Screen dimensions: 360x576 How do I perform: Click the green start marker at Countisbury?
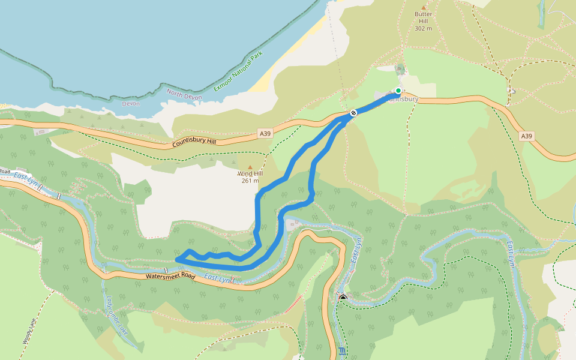click(398, 91)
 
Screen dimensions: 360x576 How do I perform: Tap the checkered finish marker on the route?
click(354, 112)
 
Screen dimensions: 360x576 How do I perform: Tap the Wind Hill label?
click(250, 173)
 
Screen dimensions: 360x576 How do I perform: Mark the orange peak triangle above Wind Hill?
click(250, 166)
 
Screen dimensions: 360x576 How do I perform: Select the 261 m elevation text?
click(250, 181)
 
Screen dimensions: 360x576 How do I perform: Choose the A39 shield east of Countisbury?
click(526, 136)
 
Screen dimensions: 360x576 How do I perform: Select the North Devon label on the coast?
click(182, 94)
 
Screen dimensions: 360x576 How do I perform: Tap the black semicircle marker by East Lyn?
click(343, 298)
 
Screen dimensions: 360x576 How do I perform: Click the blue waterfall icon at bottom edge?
click(342, 351)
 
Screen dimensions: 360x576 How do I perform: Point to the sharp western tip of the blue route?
click(177, 259)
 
